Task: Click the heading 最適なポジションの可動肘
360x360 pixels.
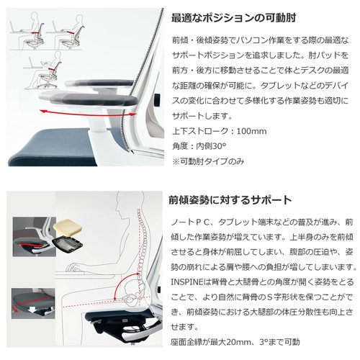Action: coord(233,18)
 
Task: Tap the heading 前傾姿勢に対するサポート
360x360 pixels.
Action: coord(230,200)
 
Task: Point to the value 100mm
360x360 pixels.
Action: coord(251,131)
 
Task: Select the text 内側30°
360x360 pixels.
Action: coord(211,146)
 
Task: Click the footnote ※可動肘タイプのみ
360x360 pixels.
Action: coord(208,161)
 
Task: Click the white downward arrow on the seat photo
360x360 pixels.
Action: coord(33,310)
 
